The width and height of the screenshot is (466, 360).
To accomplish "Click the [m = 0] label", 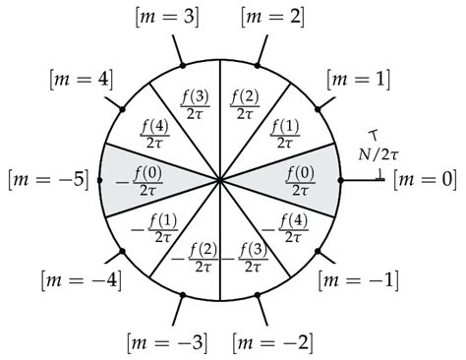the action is click(424, 179).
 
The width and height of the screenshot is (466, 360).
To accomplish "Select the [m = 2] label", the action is click(270, 16).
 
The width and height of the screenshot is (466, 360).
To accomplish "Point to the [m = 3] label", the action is click(164, 16).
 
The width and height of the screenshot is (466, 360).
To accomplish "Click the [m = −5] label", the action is click(47, 179).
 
